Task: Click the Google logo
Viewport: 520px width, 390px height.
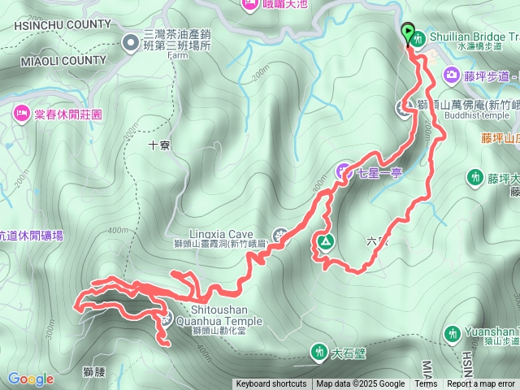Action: point(30,379)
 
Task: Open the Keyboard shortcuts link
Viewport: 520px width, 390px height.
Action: point(271,384)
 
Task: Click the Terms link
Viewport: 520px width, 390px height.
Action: point(426,384)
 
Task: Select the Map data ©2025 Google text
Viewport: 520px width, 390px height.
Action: point(360,384)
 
